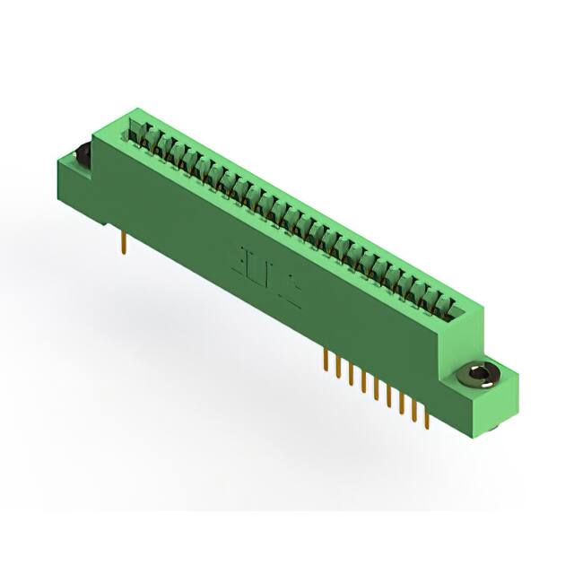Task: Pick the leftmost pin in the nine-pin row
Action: (324, 360)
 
